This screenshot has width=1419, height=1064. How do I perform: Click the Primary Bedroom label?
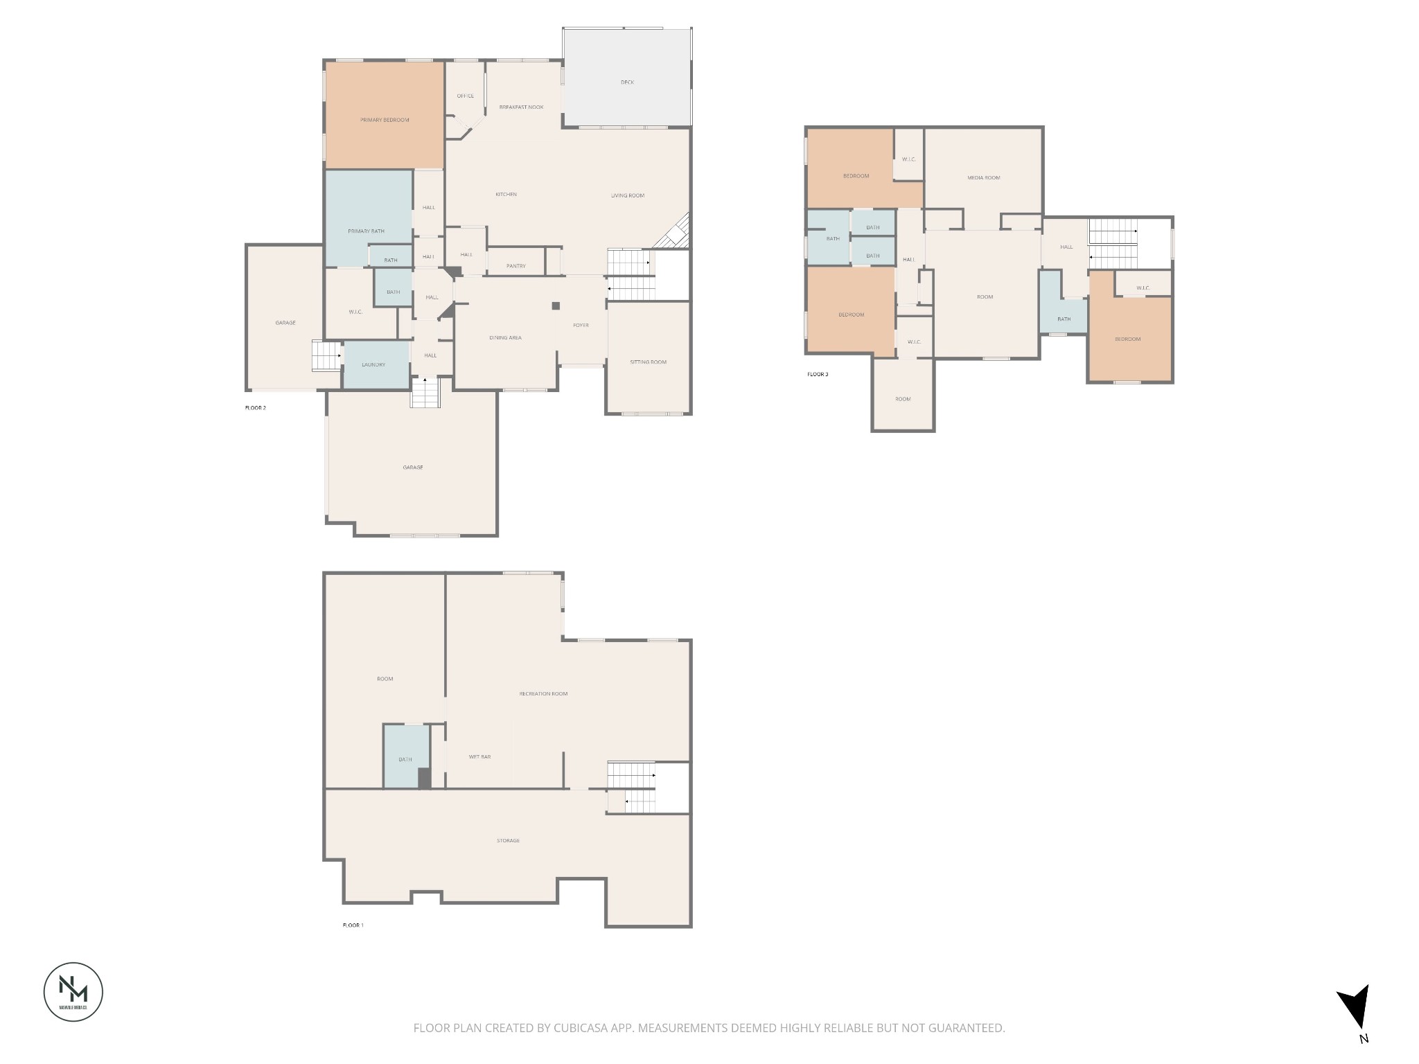tap(385, 120)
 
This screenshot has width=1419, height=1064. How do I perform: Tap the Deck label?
tap(627, 82)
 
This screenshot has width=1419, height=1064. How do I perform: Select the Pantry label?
tap(515, 266)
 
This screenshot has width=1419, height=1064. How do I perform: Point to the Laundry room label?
tap(373, 365)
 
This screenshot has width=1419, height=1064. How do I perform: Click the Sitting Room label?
tap(648, 362)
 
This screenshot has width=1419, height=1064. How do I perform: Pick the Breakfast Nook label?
tap(521, 107)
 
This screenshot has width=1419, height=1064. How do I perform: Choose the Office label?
tap(465, 96)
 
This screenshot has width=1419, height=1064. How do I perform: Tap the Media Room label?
tap(983, 178)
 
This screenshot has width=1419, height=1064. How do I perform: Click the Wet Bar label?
tap(479, 757)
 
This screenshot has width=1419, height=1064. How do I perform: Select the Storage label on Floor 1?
tap(508, 841)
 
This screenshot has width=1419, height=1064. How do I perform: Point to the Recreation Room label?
tap(543, 693)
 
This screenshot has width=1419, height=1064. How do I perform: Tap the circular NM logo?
tap(73, 991)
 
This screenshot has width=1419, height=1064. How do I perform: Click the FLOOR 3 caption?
tap(818, 375)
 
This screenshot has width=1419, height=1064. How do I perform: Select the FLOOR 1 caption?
tap(353, 925)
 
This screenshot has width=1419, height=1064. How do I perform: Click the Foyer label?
tap(581, 326)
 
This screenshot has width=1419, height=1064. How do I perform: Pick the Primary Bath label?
tap(366, 231)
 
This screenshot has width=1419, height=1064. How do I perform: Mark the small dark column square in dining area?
tap(555, 305)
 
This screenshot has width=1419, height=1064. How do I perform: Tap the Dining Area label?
tap(505, 338)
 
